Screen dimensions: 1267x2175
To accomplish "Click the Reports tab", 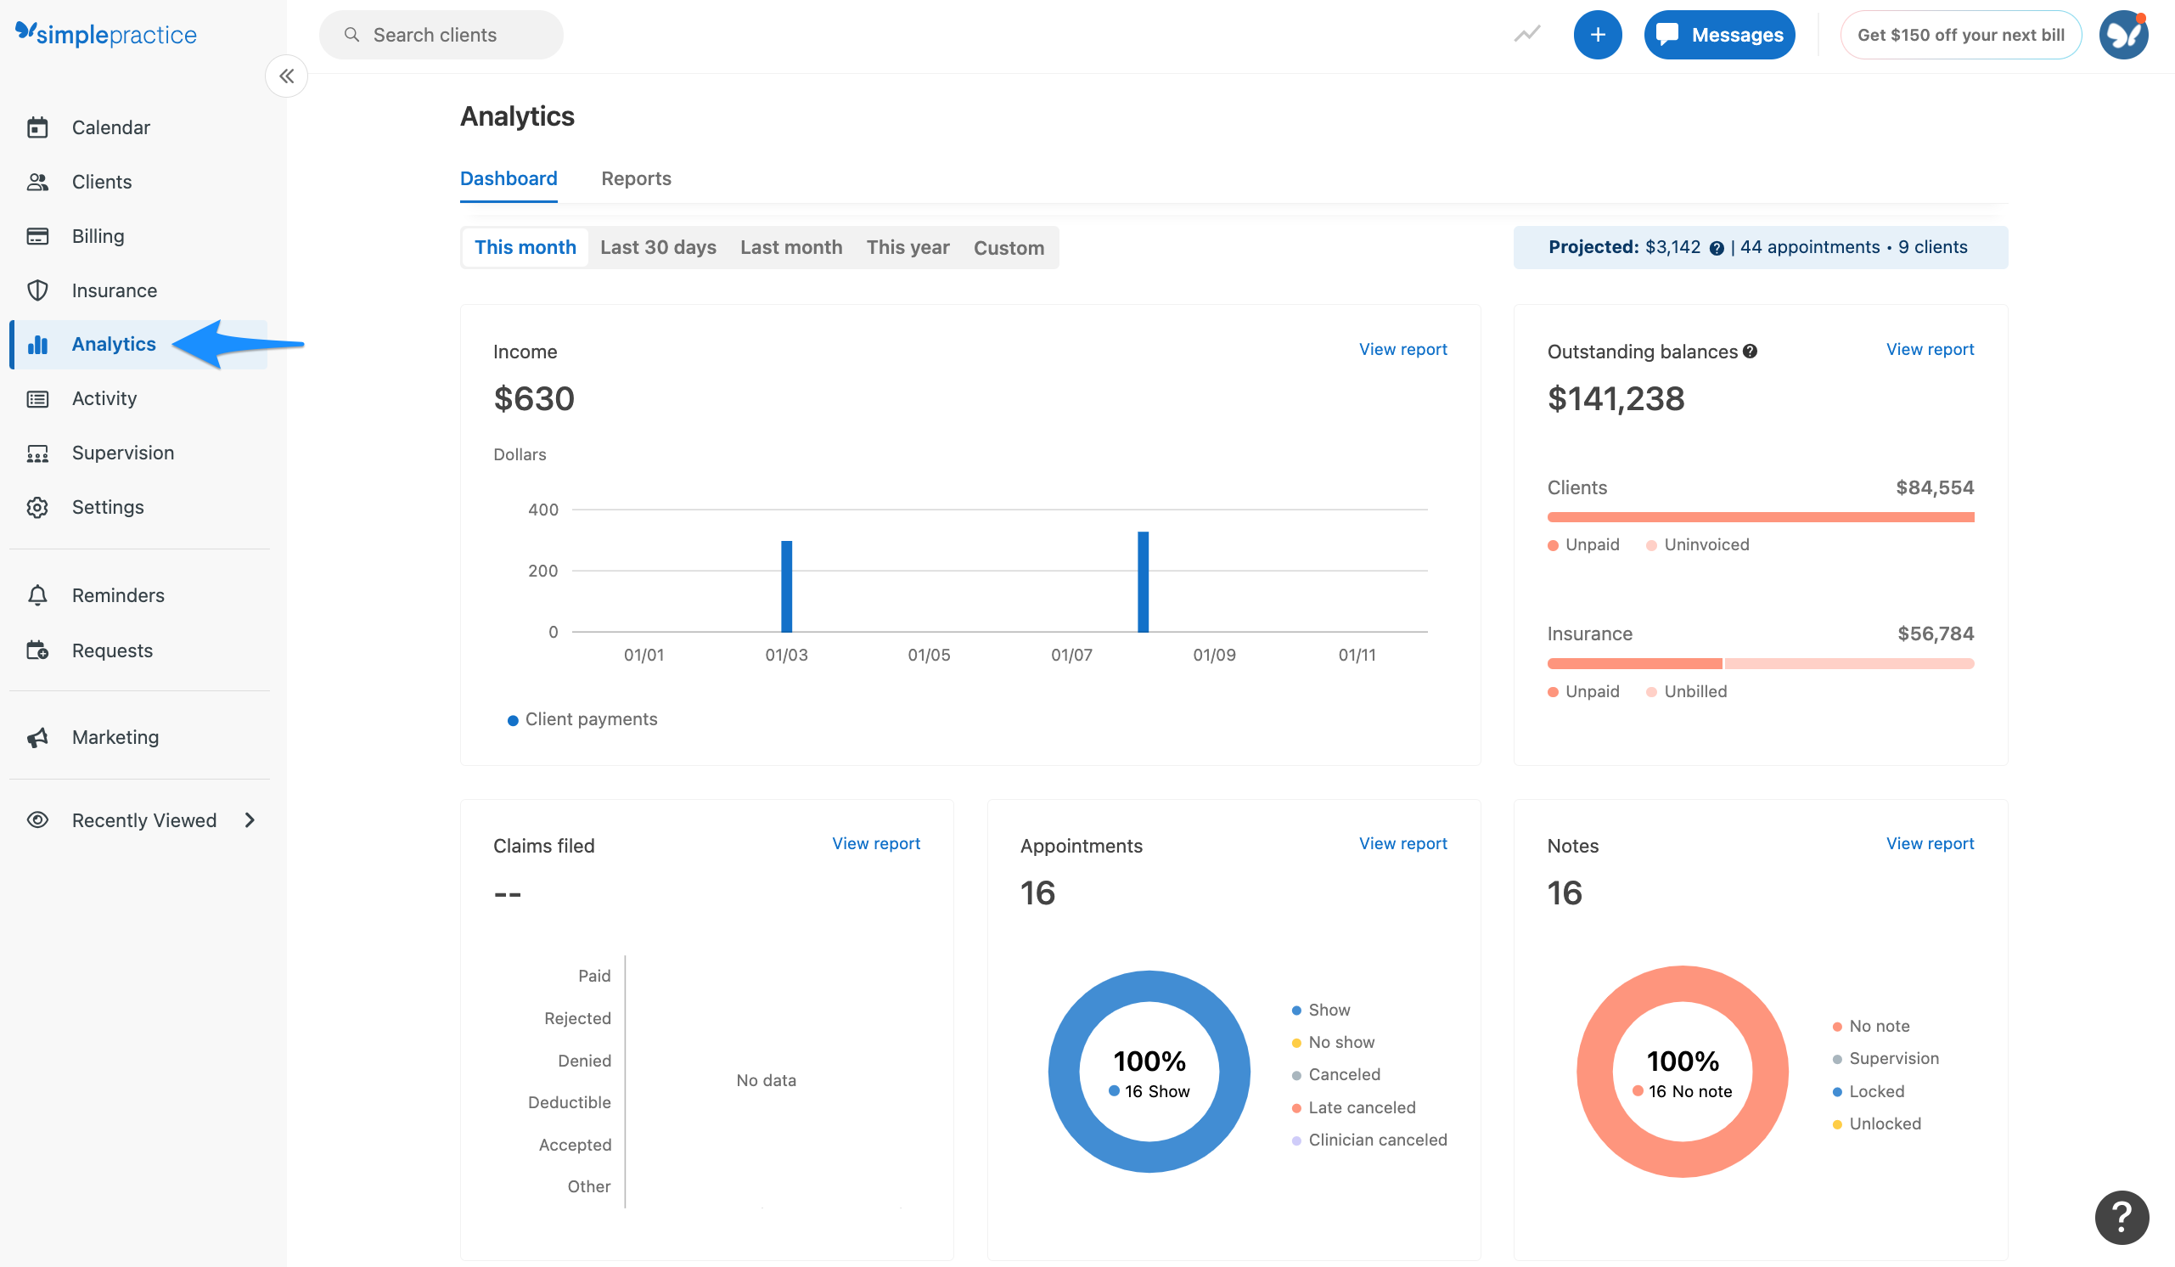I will click(x=635, y=178).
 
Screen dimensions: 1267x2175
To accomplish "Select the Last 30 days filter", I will click(x=658, y=248).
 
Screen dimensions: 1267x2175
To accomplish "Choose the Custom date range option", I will click(x=1008, y=249).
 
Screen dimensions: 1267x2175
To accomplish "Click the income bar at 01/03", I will click(x=786, y=587).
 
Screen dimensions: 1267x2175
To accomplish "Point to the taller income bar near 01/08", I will click(x=1143, y=582).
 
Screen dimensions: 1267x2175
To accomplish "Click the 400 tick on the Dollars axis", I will click(x=542, y=510).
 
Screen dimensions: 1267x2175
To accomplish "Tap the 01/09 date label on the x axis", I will click(x=1213, y=655).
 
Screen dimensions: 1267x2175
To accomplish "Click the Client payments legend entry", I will click(x=590, y=720).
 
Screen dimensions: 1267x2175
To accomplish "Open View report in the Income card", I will click(x=1402, y=350).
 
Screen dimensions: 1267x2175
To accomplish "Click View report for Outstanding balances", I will click(x=1929, y=350).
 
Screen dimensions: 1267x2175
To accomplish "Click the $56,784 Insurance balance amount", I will click(x=1934, y=634).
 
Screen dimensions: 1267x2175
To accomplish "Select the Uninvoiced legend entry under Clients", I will click(x=1706, y=545).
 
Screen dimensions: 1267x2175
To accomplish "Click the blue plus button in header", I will click(x=1597, y=36).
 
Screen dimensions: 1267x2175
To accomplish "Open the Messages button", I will click(x=1718, y=36).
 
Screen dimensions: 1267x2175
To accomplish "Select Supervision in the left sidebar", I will click(x=122, y=453).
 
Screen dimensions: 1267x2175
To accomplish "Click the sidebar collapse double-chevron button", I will click(x=287, y=76).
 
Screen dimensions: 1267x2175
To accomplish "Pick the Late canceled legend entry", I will click(x=1361, y=1108).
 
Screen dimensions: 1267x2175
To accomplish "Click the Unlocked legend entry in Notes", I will click(x=1884, y=1124).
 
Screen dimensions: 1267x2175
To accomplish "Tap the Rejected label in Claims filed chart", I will click(x=577, y=1019).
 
